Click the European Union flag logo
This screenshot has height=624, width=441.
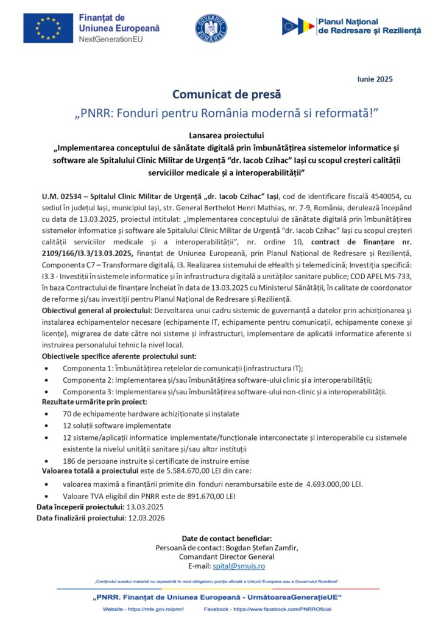click(48, 27)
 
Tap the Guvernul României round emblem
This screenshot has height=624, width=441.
click(211, 28)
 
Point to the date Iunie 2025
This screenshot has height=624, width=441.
click(373, 79)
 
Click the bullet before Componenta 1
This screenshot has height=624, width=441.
click(48, 369)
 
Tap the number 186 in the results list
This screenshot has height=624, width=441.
click(70, 461)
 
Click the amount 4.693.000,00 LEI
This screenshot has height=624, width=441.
click(334, 484)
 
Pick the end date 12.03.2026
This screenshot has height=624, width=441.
click(144, 518)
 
